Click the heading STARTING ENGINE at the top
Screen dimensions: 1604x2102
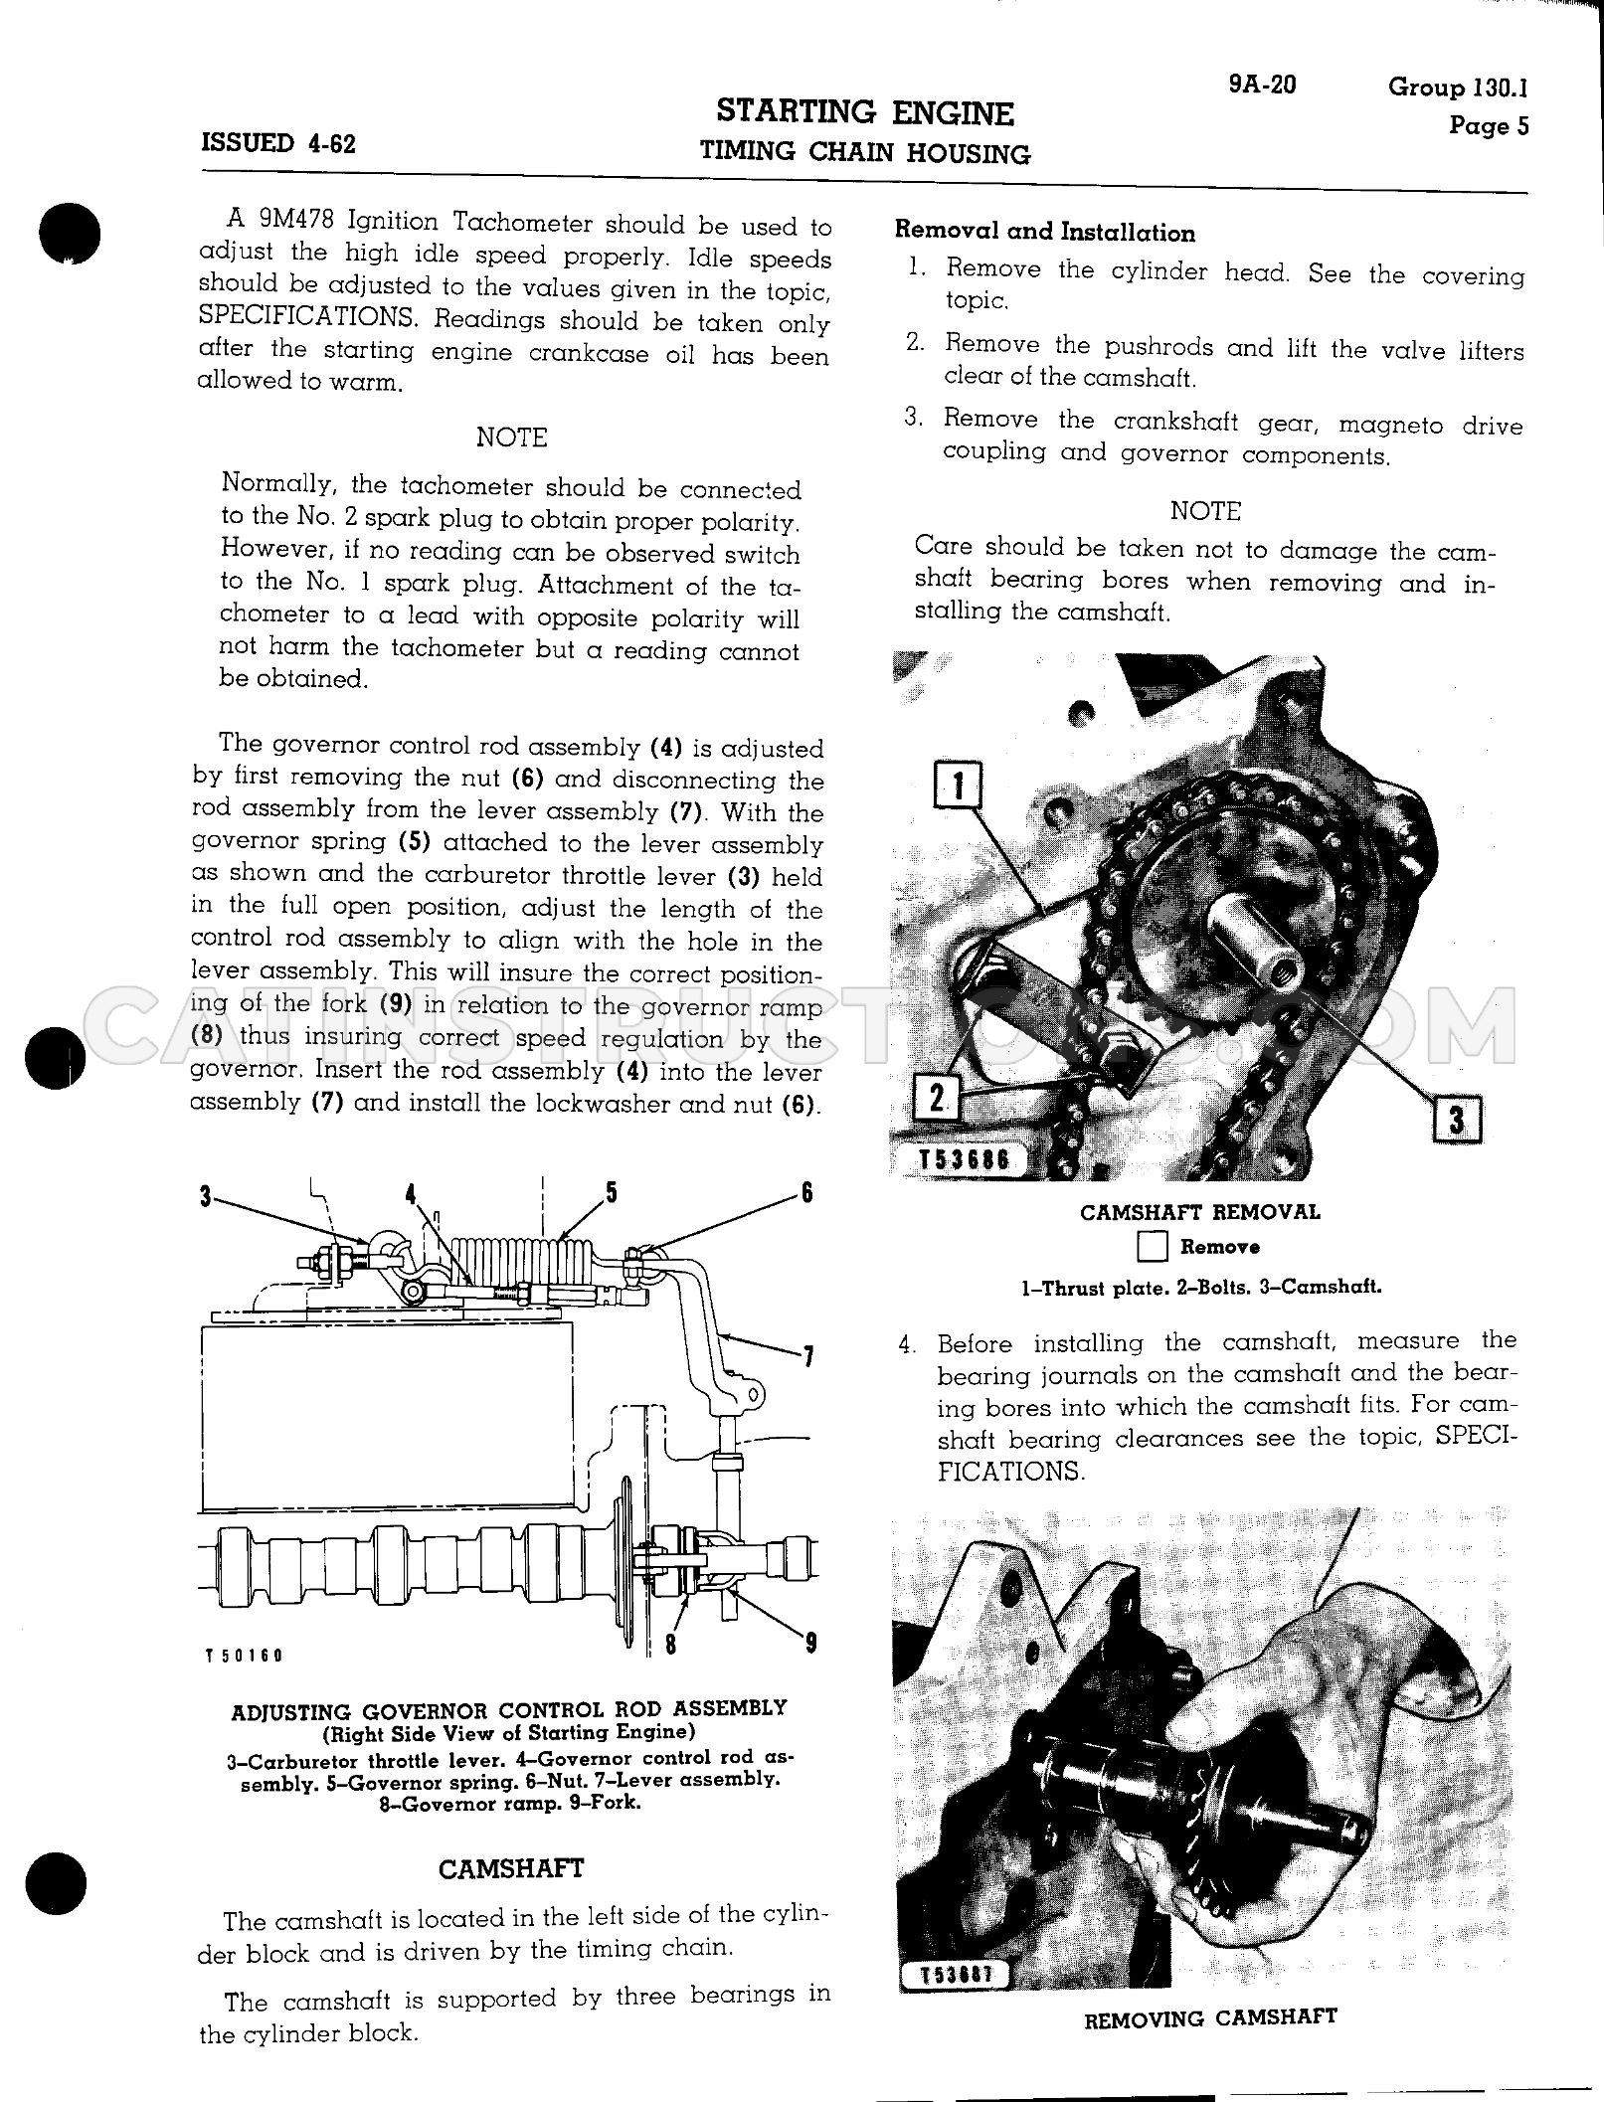coord(865,112)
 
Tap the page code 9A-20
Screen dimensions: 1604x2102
coord(1262,85)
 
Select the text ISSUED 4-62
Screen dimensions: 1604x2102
coord(278,143)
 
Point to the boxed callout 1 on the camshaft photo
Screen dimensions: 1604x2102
coord(958,787)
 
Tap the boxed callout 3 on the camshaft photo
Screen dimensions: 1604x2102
coord(1457,1121)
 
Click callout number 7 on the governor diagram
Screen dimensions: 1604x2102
coord(807,1356)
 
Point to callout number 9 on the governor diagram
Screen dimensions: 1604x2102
coord(810,1643)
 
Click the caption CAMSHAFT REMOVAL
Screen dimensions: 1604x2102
coord(1200,1212)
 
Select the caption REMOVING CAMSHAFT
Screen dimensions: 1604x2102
coord(1210,2017)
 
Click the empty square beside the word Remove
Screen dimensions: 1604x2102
coord(1154,1247)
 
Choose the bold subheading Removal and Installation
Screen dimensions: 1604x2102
coord(1045,233)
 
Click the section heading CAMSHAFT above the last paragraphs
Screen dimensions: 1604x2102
coord(511,1868)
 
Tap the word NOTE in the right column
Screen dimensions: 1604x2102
coord(1205,511)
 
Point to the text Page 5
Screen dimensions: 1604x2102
coord(1489,126)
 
